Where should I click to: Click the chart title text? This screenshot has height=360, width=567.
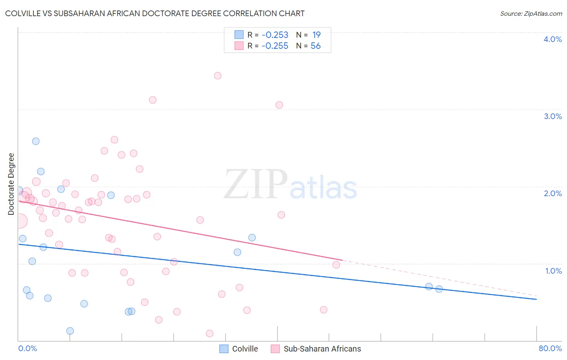click(155, 13)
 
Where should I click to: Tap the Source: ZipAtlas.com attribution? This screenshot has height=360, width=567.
click(531, 13)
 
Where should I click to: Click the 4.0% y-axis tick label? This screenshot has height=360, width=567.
click(552, 39)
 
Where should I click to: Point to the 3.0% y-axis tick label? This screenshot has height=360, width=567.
click(552, 116)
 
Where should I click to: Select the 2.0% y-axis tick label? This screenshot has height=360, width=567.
click(552, 193)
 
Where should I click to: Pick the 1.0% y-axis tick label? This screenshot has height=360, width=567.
click(553, 271)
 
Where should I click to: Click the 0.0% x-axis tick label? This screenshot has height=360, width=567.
click(27, 348)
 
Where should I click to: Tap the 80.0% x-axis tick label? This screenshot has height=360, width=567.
click(550, 348)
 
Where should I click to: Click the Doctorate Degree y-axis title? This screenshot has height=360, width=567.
click(11, 184)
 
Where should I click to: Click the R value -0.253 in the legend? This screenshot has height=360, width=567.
click(275, 35)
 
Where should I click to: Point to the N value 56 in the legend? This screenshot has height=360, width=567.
click(315, 46)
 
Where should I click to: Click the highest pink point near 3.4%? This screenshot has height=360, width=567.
click(218, 75)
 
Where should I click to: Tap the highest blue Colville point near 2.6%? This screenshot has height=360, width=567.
click(36, 141)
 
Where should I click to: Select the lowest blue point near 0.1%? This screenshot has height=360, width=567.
click(70, 331)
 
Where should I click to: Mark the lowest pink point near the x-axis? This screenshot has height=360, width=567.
click(210, 333)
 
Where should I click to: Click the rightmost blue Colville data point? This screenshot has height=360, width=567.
click(439, 289)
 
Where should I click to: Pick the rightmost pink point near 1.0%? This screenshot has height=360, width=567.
click(336, 265)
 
